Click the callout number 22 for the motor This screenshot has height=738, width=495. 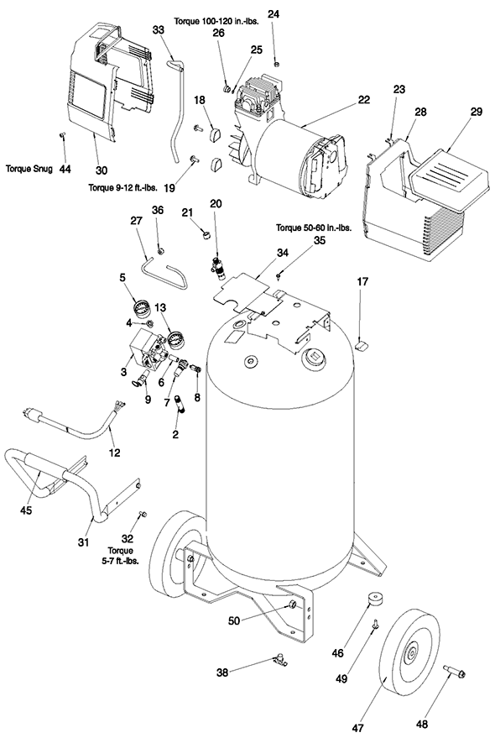pos(364,100)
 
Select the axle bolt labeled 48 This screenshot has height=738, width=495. pos(455,671)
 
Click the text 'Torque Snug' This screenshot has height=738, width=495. pos(29,168)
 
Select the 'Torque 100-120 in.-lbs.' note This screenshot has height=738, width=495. pos(216,21)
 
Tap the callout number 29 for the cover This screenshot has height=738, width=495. pos(477,112)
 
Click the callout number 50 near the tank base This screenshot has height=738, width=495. pos(234,620)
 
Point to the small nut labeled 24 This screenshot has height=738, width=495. pos(277,64)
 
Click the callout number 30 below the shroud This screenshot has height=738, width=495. pos(102,170)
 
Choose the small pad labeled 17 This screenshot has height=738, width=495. pos(362,347)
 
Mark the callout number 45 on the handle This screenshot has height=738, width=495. pos(26,510)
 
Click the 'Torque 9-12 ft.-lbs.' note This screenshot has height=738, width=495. pos(122,186)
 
